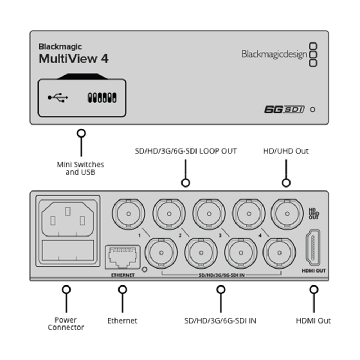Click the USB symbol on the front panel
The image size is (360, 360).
(x=58, y=98)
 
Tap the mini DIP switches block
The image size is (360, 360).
(x=102, y=98)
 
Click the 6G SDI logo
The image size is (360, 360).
(x=284, y=109)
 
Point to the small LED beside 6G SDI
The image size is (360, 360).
(x=312, y=109)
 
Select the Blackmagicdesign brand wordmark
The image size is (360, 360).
(x=274, y=55)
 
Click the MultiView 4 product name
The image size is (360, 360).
(x=73, y=59)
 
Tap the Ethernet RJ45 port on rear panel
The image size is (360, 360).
(x=123, y=257)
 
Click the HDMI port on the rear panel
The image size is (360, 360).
(x=313, y=248)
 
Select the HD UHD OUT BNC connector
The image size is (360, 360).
(x=287, y=214)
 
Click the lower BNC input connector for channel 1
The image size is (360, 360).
(x=161, y=253)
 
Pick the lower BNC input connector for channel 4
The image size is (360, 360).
(x=279, y=253)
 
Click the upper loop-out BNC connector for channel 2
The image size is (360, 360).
(x=169, y=214)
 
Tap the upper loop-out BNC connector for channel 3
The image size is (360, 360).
(x=209, y=214)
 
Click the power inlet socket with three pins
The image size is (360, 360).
(x=68, y=219)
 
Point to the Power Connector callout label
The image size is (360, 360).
(x=66, y=324)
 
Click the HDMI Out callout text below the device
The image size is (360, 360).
(x=313, y=320)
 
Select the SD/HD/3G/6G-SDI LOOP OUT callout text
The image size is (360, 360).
(x=185, y=151)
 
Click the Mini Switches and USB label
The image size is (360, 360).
(x=80, y=168)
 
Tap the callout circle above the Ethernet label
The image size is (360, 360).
(x=123, y=289)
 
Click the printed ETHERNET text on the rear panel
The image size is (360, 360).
(x=123, y=275)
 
